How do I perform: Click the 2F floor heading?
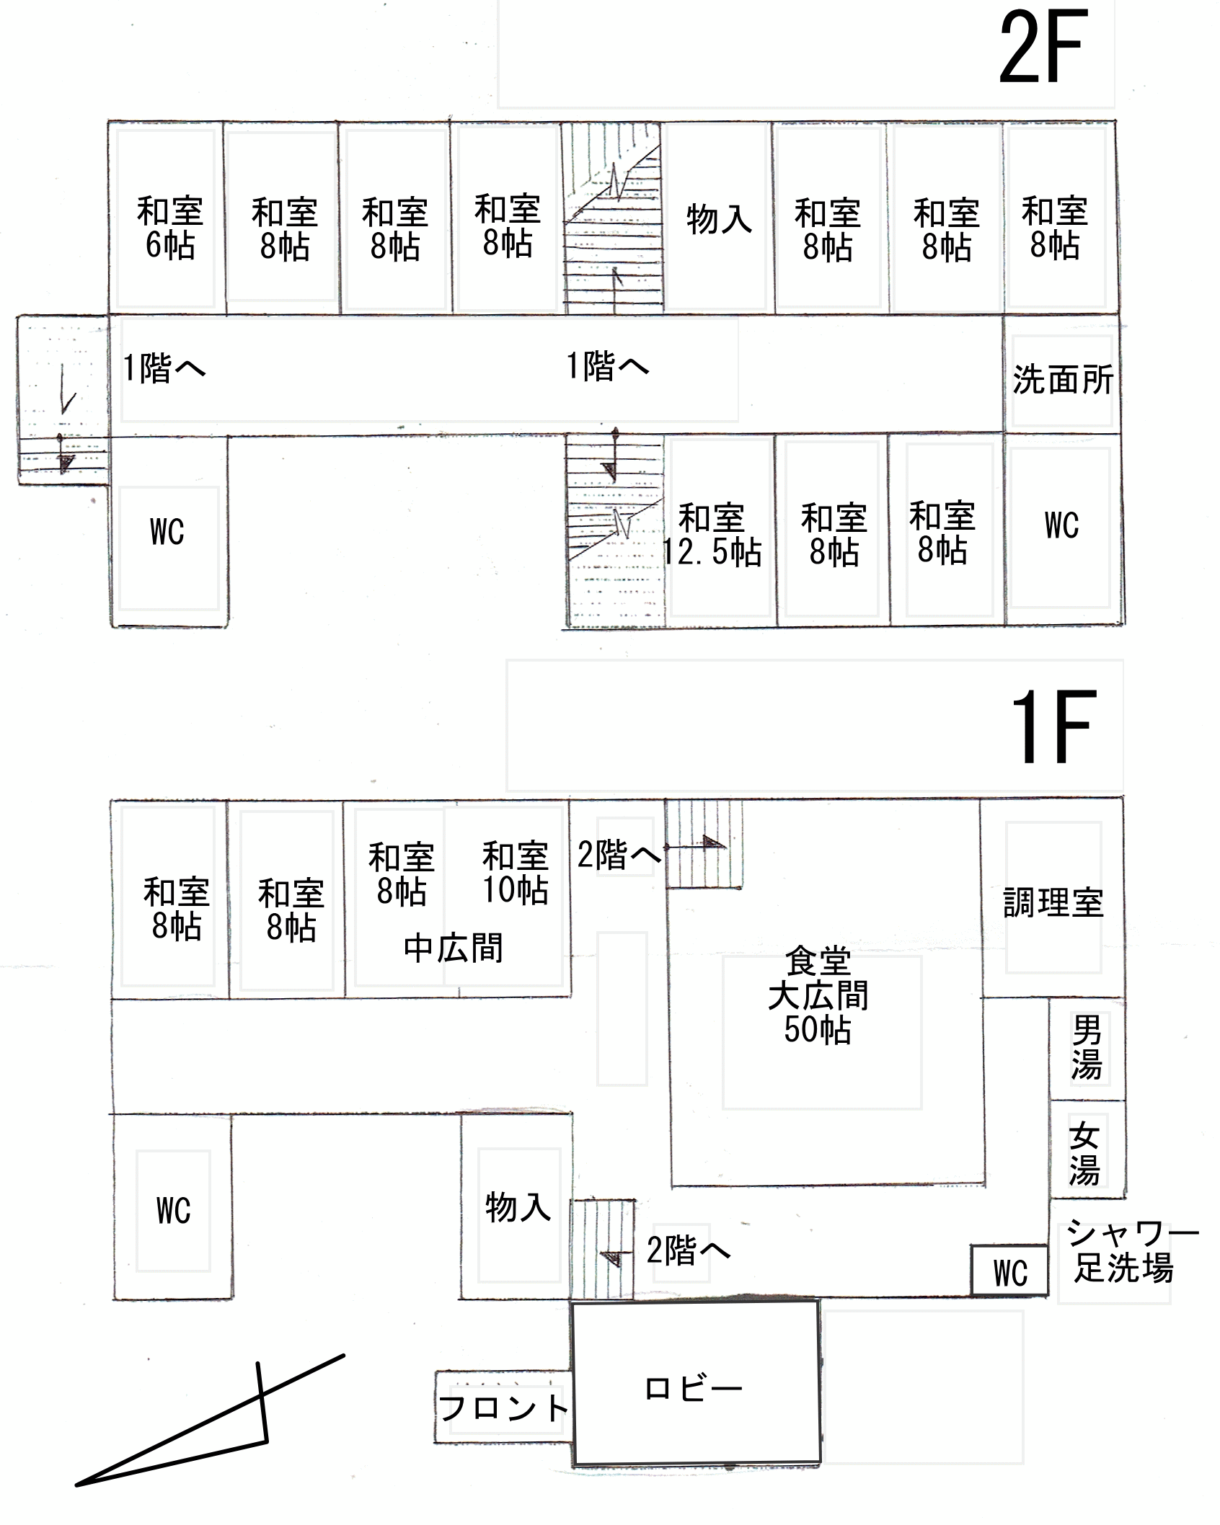1043,48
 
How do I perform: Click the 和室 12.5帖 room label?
712,535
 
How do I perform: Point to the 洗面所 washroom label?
1063,379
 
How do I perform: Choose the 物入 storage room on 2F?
719,218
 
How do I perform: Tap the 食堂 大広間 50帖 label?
818,995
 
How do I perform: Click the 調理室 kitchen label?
1053,902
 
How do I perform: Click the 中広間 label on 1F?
454,948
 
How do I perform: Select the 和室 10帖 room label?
516,873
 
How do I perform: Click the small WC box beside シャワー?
1009,1272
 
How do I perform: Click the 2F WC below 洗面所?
1062,525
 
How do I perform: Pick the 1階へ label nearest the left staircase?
164,368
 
